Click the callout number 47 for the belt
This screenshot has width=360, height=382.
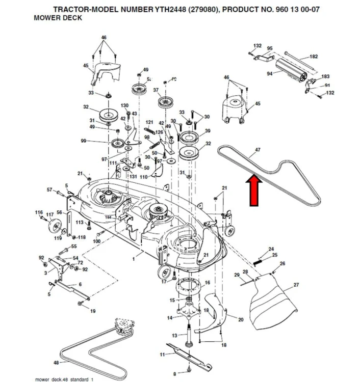point(258,150)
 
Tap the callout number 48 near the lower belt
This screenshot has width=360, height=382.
point(56,363)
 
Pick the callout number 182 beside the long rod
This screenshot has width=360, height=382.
point(314,57)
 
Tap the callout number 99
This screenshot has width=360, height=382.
point(83,141)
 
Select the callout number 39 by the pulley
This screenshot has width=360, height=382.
point(208,131)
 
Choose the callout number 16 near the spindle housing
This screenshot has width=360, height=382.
point(207,282)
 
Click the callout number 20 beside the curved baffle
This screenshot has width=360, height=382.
point(241,319)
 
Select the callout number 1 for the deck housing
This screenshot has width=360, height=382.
point(134,260)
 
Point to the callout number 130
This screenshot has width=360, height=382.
point(124,105)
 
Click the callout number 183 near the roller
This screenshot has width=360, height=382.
point(325,76)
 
